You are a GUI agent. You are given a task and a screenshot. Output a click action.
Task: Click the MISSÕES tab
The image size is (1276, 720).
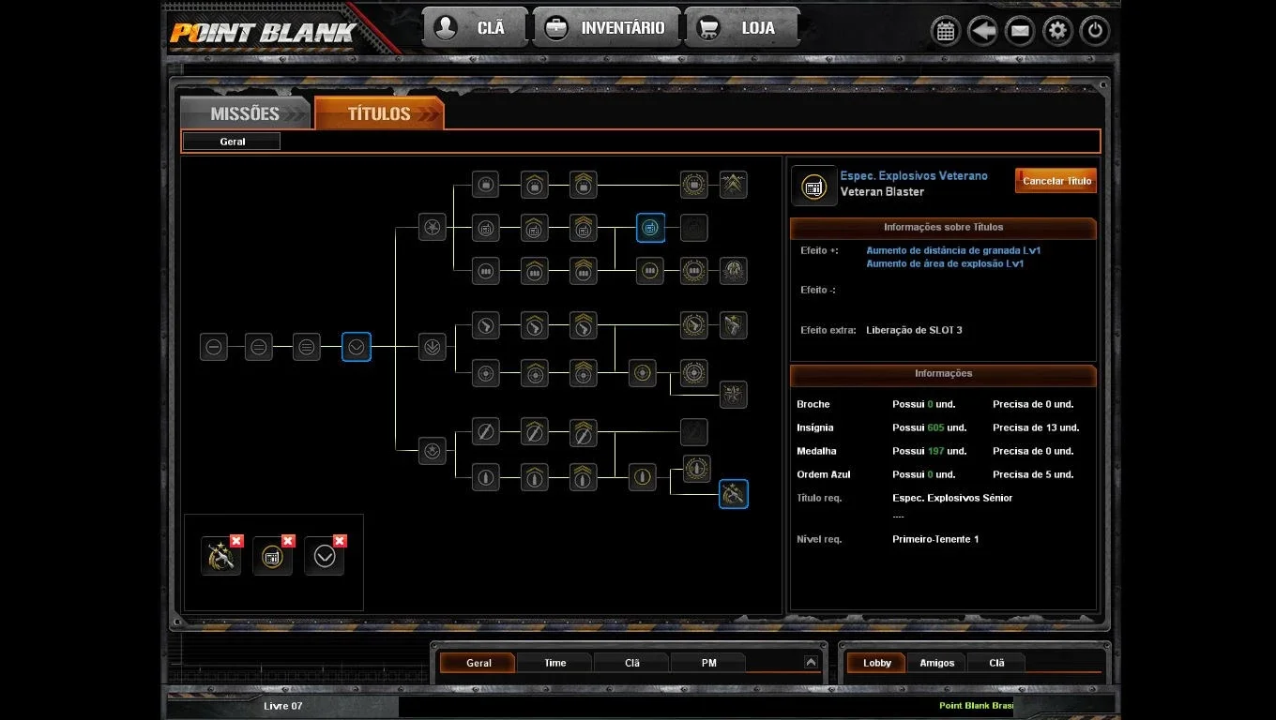(245, 112)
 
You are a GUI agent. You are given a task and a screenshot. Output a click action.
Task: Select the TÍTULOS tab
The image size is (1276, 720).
(379, 112)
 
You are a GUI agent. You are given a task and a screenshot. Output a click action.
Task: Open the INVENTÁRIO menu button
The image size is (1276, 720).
(606, 27)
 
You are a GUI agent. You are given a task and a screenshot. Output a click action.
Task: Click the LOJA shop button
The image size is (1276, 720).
(741, 27)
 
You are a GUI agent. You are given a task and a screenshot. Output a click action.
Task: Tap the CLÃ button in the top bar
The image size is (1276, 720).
(475, 27)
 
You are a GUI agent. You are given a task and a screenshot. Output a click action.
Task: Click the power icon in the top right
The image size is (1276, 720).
(1094, 30)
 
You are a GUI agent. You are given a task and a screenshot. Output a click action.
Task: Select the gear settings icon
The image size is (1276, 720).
(1057, 30)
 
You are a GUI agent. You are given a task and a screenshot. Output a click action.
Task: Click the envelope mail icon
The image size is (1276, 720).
(1020, 30)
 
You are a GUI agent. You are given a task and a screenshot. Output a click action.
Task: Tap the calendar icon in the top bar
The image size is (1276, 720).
(946, 30)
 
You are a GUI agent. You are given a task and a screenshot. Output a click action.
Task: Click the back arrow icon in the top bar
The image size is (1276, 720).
(982, 30)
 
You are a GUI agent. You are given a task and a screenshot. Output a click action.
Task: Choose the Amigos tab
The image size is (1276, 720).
(936, 663)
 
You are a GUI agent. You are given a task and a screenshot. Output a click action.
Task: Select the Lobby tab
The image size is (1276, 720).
(876, 663)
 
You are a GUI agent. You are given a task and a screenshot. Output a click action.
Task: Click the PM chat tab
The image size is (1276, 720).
(708, 663)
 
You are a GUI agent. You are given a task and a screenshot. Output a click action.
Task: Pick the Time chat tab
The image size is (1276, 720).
(554, 663)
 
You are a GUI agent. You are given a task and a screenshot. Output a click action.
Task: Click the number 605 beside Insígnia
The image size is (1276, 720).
(935, 427)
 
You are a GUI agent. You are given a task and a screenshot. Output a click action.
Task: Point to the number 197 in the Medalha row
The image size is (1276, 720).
(935, 451)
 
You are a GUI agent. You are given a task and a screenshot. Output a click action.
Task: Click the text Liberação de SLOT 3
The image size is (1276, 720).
(914, 330)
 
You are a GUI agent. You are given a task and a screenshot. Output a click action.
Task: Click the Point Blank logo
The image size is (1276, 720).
(263, 33)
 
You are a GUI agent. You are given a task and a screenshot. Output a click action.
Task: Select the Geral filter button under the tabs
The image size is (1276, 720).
(232, 142)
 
